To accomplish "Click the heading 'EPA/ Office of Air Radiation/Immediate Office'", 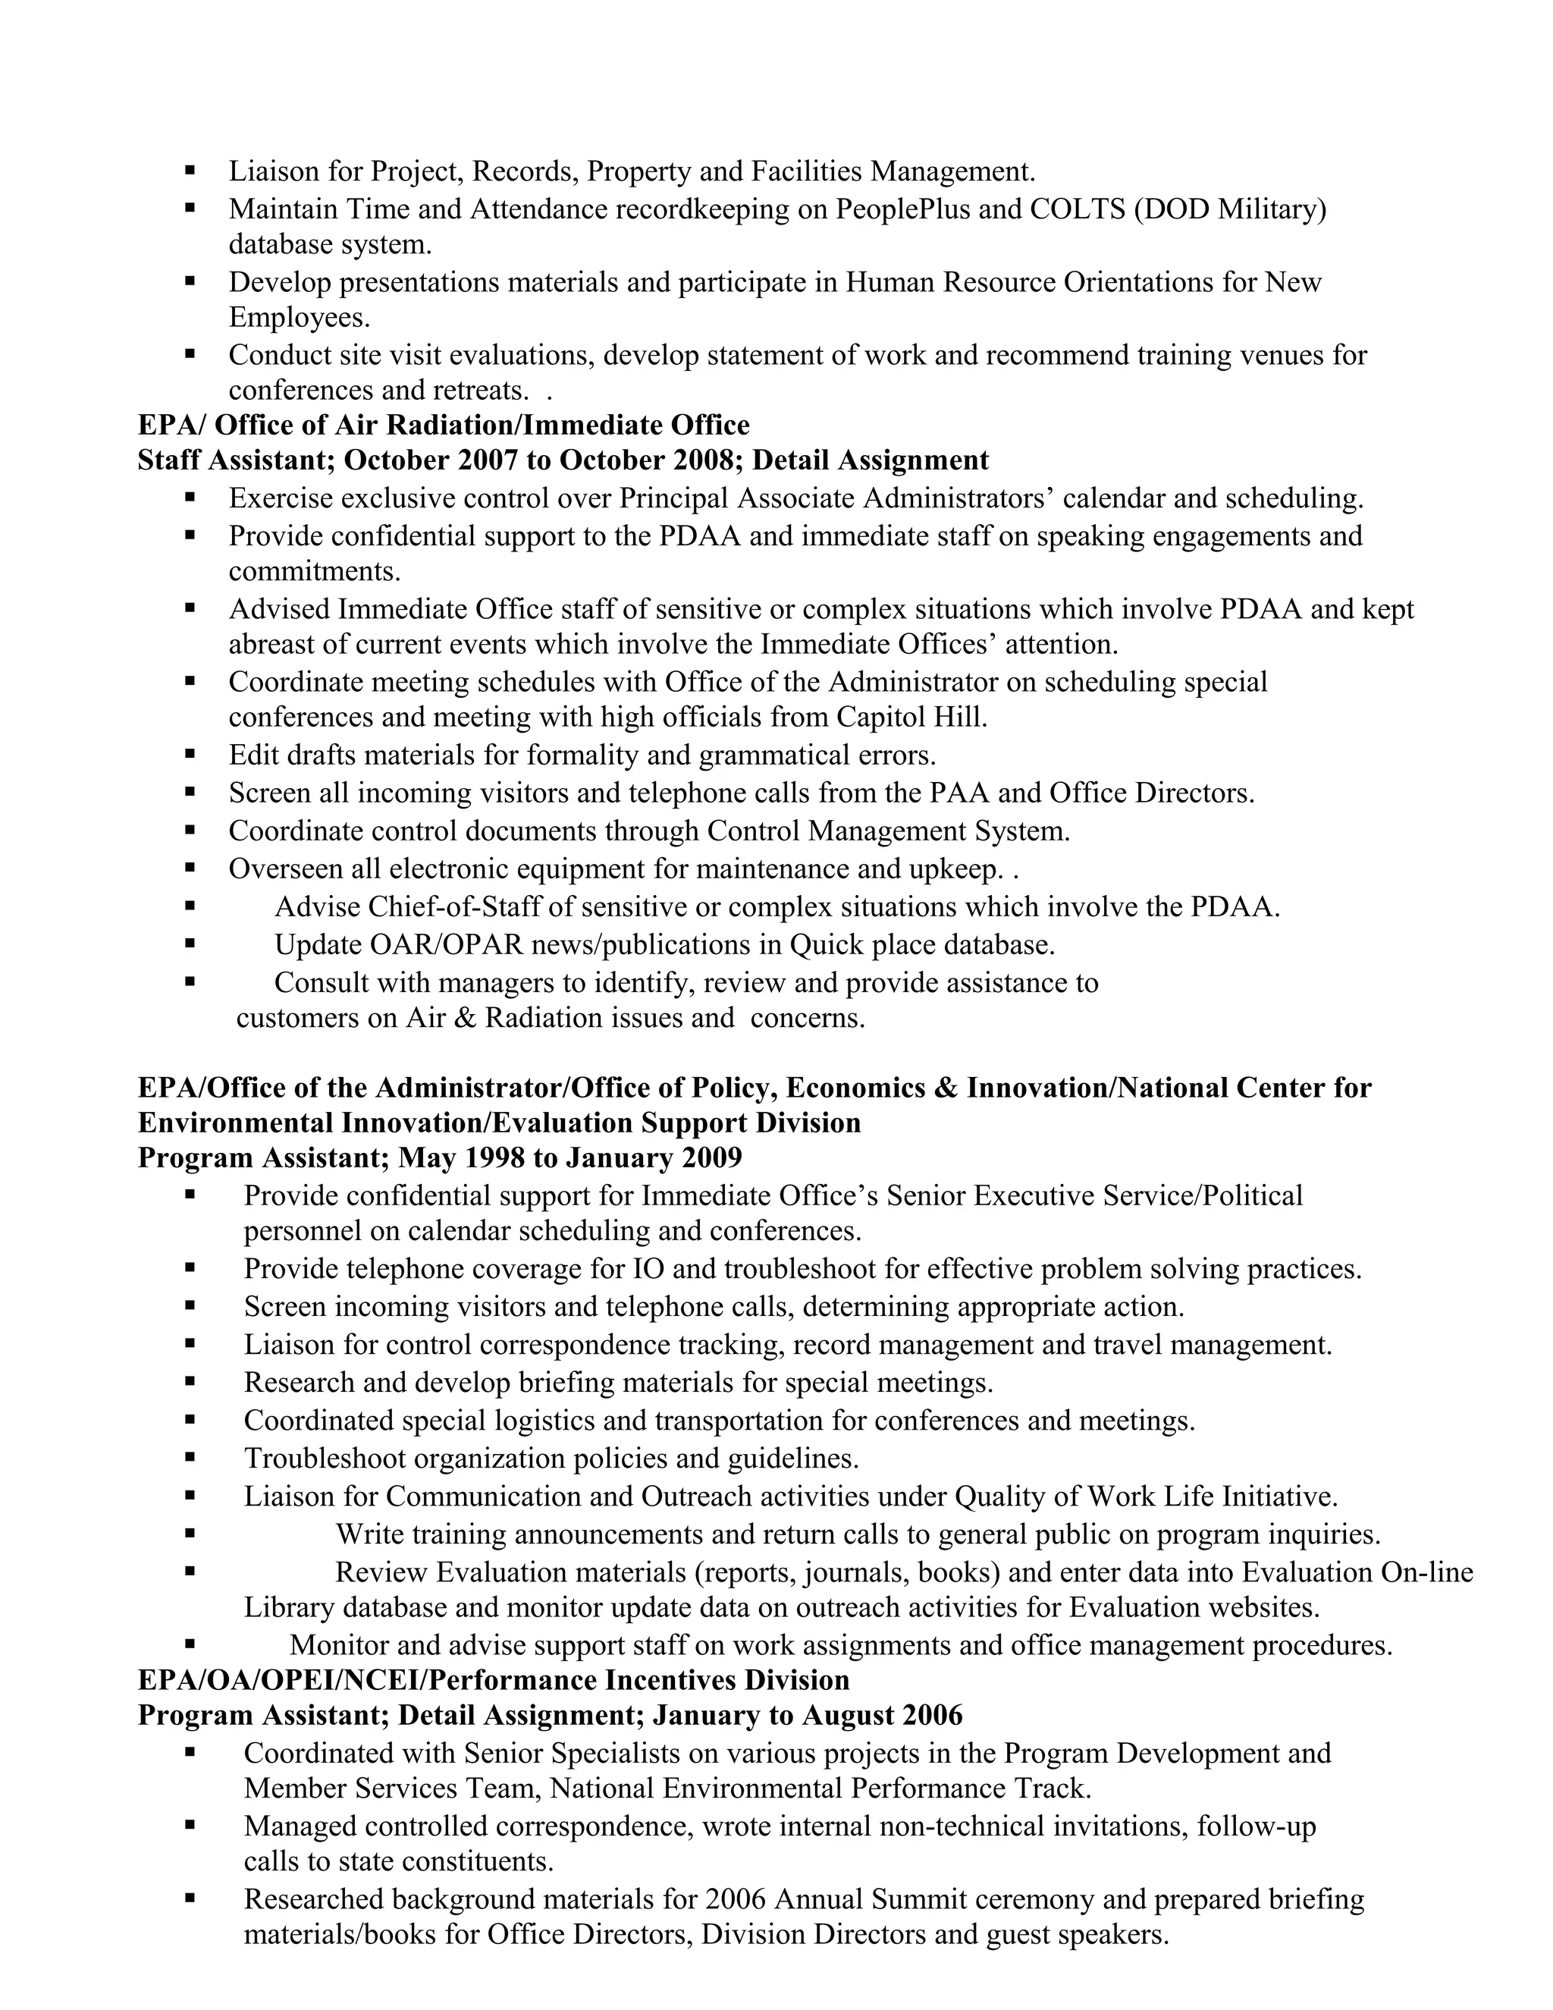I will click(444, 426).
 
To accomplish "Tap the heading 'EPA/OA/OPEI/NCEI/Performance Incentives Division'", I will click(493, 1681).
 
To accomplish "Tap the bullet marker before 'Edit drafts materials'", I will click(190, 755).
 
